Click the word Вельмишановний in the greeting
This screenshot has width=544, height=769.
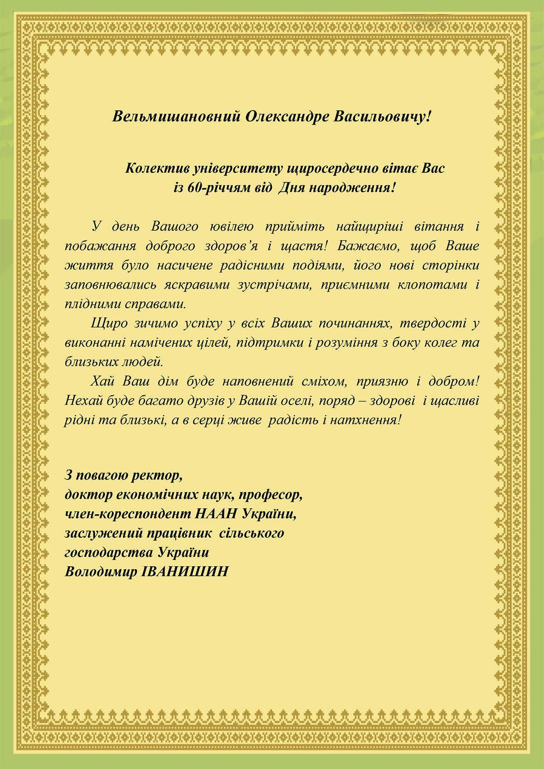176,117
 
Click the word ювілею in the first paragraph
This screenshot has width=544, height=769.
232,226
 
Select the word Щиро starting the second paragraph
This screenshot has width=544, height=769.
105,323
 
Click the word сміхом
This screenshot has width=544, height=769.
324,381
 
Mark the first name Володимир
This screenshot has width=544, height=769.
101,571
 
